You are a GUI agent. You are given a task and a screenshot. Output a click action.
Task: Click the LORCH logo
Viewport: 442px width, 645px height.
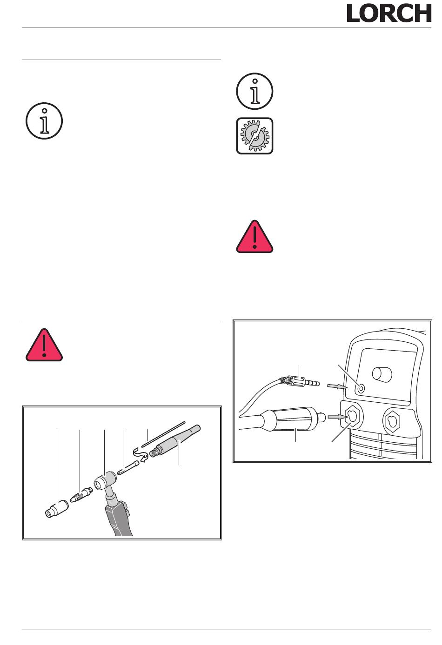(x=389, y=13)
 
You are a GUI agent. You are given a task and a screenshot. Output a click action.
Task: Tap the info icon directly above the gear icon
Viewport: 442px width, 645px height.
(x=254, y=91)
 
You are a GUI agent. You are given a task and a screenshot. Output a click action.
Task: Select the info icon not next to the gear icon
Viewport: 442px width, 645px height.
(x=44, y=121)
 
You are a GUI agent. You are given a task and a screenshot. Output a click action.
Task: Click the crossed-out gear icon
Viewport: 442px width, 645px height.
(x=254, y=136)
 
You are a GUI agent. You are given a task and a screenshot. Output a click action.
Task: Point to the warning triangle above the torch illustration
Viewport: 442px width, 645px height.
(x=44, y=345)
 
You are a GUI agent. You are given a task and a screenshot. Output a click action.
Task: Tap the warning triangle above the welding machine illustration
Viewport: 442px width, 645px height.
(x=254, y=236)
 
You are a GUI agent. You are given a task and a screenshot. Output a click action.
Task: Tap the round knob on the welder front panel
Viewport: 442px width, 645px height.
(x=382, y=374)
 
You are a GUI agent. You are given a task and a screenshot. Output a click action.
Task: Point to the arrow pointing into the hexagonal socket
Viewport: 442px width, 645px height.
(x=338, y=417)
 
